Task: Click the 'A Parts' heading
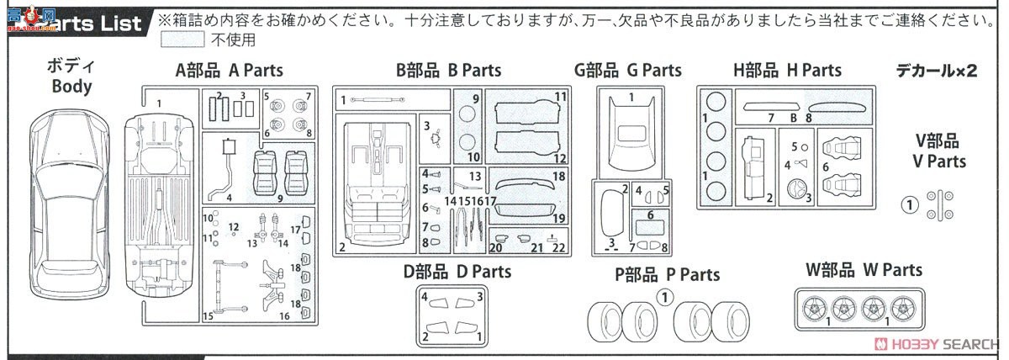(x=229, y=71)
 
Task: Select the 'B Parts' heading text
(x=449, y=71)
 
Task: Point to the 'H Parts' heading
(x=786, y=71)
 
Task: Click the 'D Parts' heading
(x=457, y=271)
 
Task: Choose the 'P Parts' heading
(x=667, y=274)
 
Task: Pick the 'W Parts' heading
(x=864, y=270)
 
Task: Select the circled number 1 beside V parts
(x=907, y=203)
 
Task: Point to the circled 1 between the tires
(x=664, y=296)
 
